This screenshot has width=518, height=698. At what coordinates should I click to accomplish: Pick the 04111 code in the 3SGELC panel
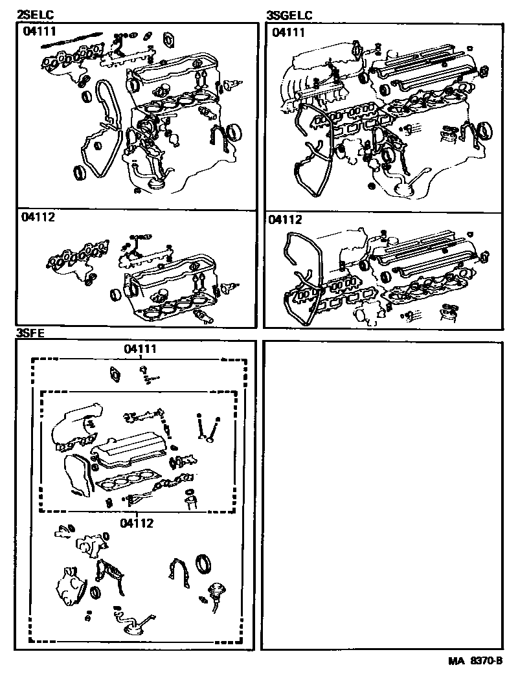tap(289, 32)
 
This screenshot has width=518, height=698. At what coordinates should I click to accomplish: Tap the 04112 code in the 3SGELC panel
tap(286, 220)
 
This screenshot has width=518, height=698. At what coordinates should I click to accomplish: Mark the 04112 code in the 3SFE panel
tap(137, 523)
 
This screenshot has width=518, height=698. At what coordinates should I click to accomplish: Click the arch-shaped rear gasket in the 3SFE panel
tap(177, 572)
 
